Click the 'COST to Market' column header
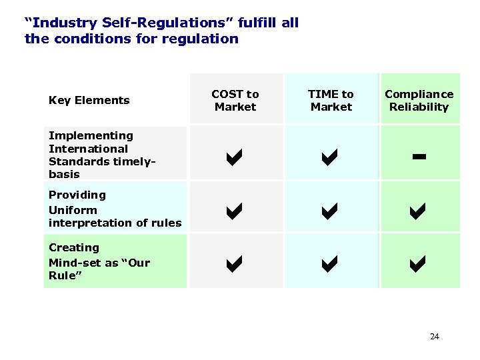235,100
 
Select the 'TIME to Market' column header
331,100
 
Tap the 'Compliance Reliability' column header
419,100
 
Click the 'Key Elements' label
89,100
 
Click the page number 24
435,337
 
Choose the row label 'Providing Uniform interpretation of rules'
115,209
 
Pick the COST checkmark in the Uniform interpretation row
235,212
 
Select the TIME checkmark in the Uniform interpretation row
331,212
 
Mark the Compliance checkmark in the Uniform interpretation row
419,212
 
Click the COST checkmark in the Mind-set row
235,265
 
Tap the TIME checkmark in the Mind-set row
331,265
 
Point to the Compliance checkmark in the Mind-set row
419,265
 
